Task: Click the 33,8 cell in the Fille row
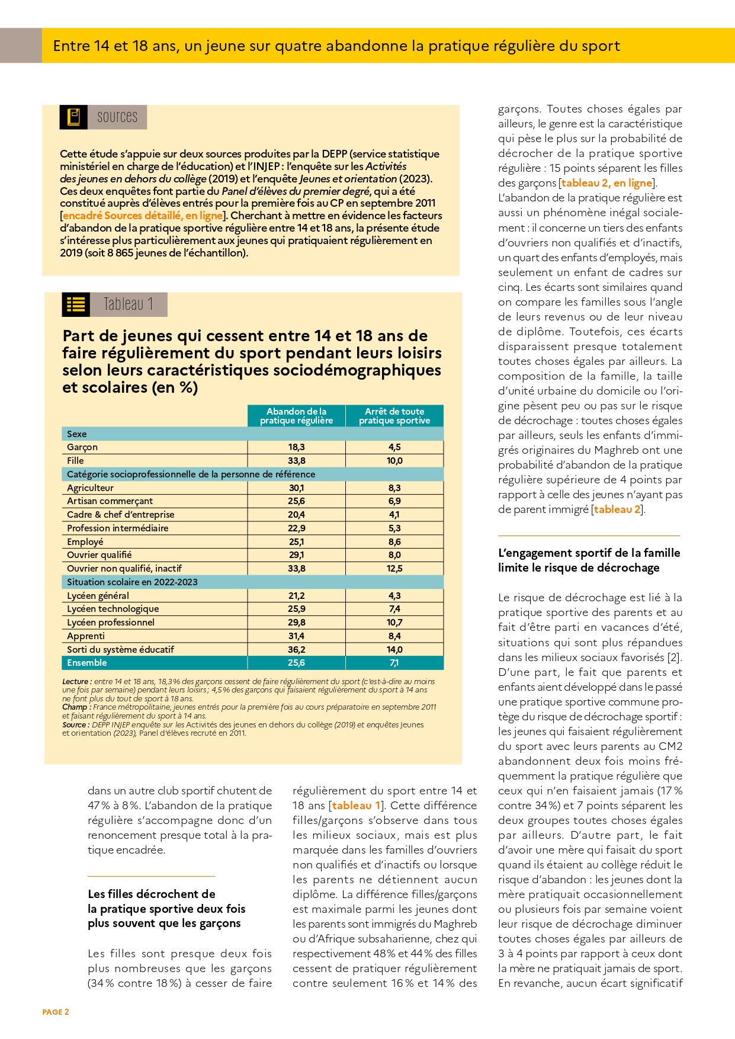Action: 296,461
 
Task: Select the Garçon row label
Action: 82,447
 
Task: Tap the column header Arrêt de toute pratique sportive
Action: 394,416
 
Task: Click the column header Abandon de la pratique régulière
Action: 296,416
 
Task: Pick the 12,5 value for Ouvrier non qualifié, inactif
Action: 394,569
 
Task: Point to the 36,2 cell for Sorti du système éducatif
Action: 296,650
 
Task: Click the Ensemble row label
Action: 87,663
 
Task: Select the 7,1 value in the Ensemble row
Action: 394,663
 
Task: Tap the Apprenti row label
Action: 86,636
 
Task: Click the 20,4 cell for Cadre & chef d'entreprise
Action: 296,515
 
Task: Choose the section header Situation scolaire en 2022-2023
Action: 132,582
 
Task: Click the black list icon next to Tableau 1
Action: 76,304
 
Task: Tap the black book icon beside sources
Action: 74,117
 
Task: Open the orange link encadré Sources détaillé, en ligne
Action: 143,216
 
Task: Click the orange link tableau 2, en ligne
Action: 606,183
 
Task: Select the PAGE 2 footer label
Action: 56,1012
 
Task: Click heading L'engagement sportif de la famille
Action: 589,553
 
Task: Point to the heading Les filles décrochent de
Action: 152,894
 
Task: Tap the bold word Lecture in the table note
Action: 75,682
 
